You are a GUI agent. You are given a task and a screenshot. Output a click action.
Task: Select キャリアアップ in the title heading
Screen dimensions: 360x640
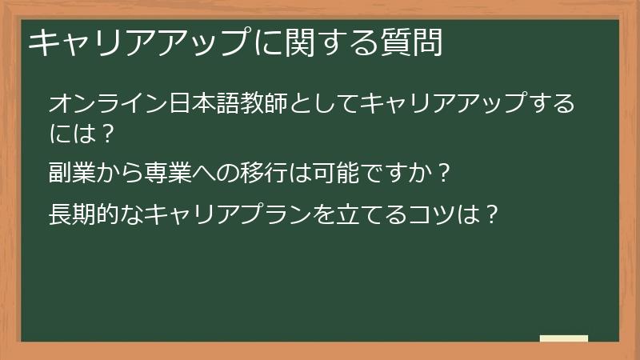coord(137,43)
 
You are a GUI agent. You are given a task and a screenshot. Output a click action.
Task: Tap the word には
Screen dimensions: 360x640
coord(69,133)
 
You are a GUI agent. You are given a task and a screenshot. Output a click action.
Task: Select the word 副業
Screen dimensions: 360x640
coord(69,174)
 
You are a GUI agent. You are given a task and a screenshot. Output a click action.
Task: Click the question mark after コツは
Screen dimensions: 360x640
coord(495,214)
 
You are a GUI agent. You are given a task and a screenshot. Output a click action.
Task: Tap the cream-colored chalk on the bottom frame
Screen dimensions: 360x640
coord(564,339)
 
